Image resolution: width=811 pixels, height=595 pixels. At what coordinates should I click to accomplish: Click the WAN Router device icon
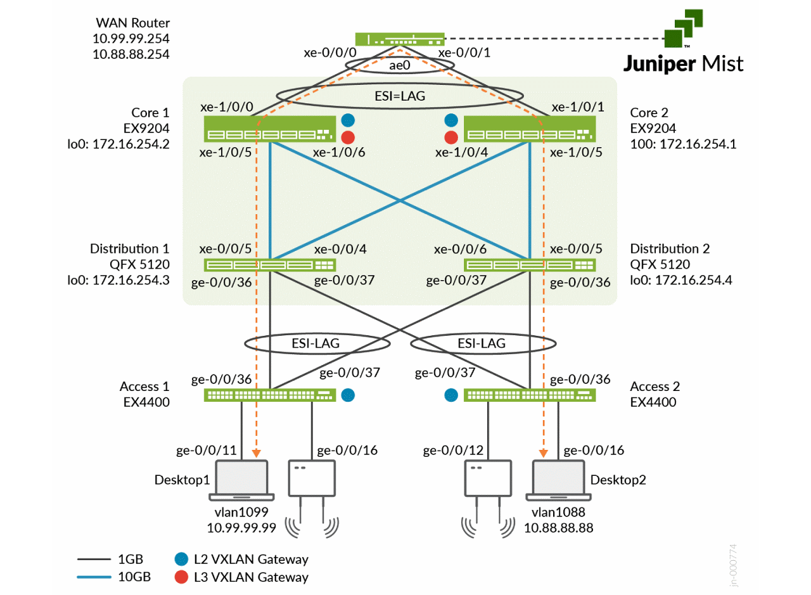(399, 39)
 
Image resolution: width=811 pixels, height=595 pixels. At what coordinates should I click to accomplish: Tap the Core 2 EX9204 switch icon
(529, 129)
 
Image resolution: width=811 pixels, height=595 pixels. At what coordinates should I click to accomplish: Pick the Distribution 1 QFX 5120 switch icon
(269, 265)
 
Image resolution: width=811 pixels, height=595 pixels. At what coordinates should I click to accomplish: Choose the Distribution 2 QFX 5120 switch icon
(529, 265)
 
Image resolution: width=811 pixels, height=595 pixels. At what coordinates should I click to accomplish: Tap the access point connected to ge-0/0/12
(488, 478)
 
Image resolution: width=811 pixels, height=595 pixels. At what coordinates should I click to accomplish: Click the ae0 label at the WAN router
(399, 65)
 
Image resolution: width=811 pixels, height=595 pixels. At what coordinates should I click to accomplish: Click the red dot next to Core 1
(347, 138)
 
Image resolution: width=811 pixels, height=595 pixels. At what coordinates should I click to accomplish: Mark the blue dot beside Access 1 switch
(347, 395)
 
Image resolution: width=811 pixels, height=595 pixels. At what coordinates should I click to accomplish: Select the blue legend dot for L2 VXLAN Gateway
(181, 559)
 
